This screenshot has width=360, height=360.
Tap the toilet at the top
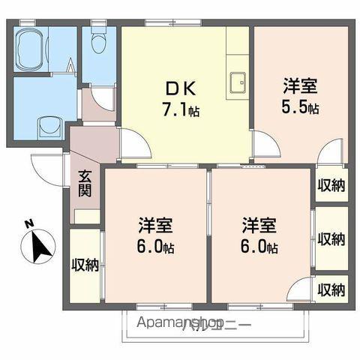pos(97,44)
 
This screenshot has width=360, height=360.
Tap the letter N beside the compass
pos(28,223)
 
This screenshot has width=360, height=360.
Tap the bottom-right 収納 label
pos(331,289)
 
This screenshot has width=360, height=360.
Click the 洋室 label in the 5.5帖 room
pos(300,85)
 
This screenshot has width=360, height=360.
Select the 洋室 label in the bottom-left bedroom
pos(155,225)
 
